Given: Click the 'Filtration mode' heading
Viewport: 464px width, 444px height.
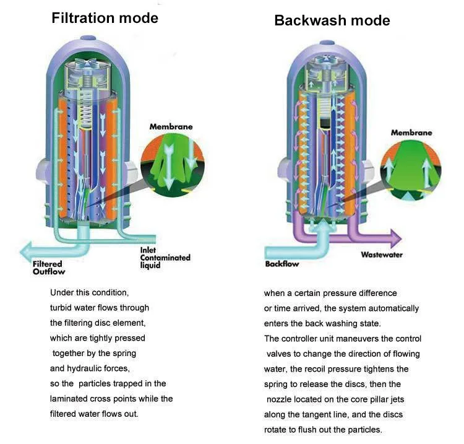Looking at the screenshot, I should point(105,17).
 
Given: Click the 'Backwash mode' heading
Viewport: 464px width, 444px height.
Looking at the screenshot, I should point(332,20).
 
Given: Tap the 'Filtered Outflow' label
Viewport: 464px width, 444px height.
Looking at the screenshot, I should point(49,268).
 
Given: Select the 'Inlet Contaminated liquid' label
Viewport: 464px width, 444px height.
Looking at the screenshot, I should point(165,257).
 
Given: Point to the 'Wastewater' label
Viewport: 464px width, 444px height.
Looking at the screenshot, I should point(383,254).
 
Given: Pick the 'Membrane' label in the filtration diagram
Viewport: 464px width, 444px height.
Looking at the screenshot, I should point(171,127).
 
